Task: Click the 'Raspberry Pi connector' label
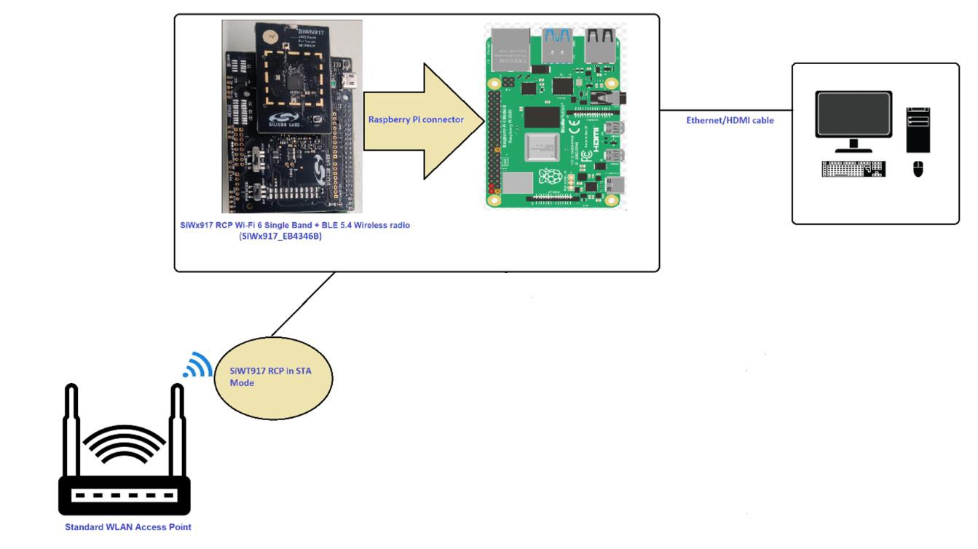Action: [x=416, y=119]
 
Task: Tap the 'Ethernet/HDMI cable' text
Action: [x=730, y=120]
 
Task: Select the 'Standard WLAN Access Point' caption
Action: [x=128, y=526]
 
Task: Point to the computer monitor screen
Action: [x=853, y=115]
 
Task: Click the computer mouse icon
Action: [x=918, y=169]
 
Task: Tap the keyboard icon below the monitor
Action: [x=853, y=169]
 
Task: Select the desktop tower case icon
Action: [x=918, y=130]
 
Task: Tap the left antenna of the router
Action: [x=71, y=430]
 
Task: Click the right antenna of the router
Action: [x=176, y=430]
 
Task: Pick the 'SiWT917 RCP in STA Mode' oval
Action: [x=274, y=377]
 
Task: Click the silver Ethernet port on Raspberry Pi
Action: [x=513, y=48]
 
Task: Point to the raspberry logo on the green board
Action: [x=550, y=176]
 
